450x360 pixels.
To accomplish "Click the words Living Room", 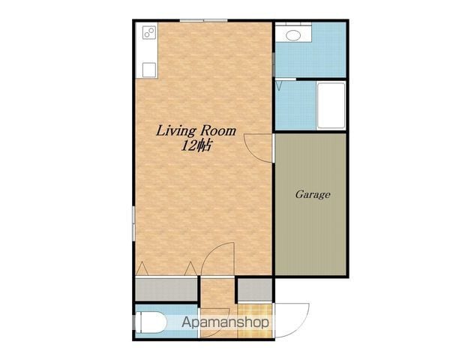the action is pyautogui.click(x=196, y=131).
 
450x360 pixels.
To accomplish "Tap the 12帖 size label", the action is pyautogui.click(x=196, y=145).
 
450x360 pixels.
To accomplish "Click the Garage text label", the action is pyautogui.click(x=313, y=195).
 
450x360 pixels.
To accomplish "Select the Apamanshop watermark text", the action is pyautogui.click(x=225, y=322).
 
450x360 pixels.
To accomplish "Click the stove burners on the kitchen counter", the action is pyautogui.click(x=149, y=32).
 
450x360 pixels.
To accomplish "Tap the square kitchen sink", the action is pyautogui.click(x=149, y=70).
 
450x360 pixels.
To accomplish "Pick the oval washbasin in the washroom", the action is pyautogui.click(x=293, y=36).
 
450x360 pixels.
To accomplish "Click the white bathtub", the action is pyautogui.click(x=331, y=105).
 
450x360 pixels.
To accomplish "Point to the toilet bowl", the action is pyautogui.click(x=151, y=322).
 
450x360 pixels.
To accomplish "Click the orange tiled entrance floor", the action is pyautogui.click(x=255, y=321).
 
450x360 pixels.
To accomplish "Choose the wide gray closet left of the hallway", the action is pyautogui.click(x=166, y=290).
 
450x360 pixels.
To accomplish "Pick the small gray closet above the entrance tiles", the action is pyautogui.click(x=255, y=290).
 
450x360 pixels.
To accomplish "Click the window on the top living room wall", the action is pyautogui.click(x=203, y=21).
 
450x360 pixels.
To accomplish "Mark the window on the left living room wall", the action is pyautogui.click(x=133, y=223).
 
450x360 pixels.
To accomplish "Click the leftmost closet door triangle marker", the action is pyautogui.click(x=142, y=268).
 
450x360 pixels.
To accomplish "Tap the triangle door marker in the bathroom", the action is pyautogui.click(x=279, y=86).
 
